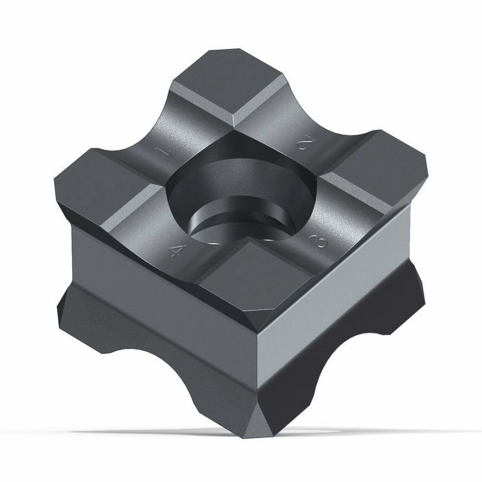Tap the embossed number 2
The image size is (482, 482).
pos(306,144)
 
